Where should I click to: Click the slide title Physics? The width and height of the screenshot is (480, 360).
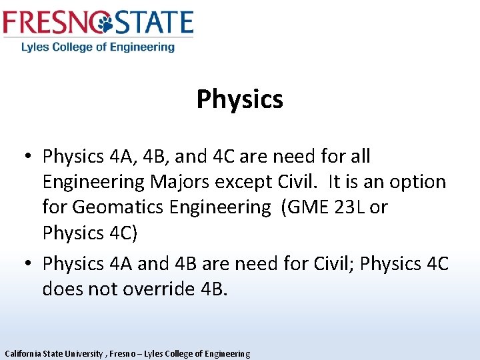(x=239, y=99)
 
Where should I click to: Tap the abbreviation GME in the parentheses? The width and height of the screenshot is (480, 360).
(x=307, y=207)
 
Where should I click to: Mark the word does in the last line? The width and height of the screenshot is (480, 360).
(x=62, y=289)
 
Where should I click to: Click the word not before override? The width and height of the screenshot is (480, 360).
(x=101, y=289)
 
